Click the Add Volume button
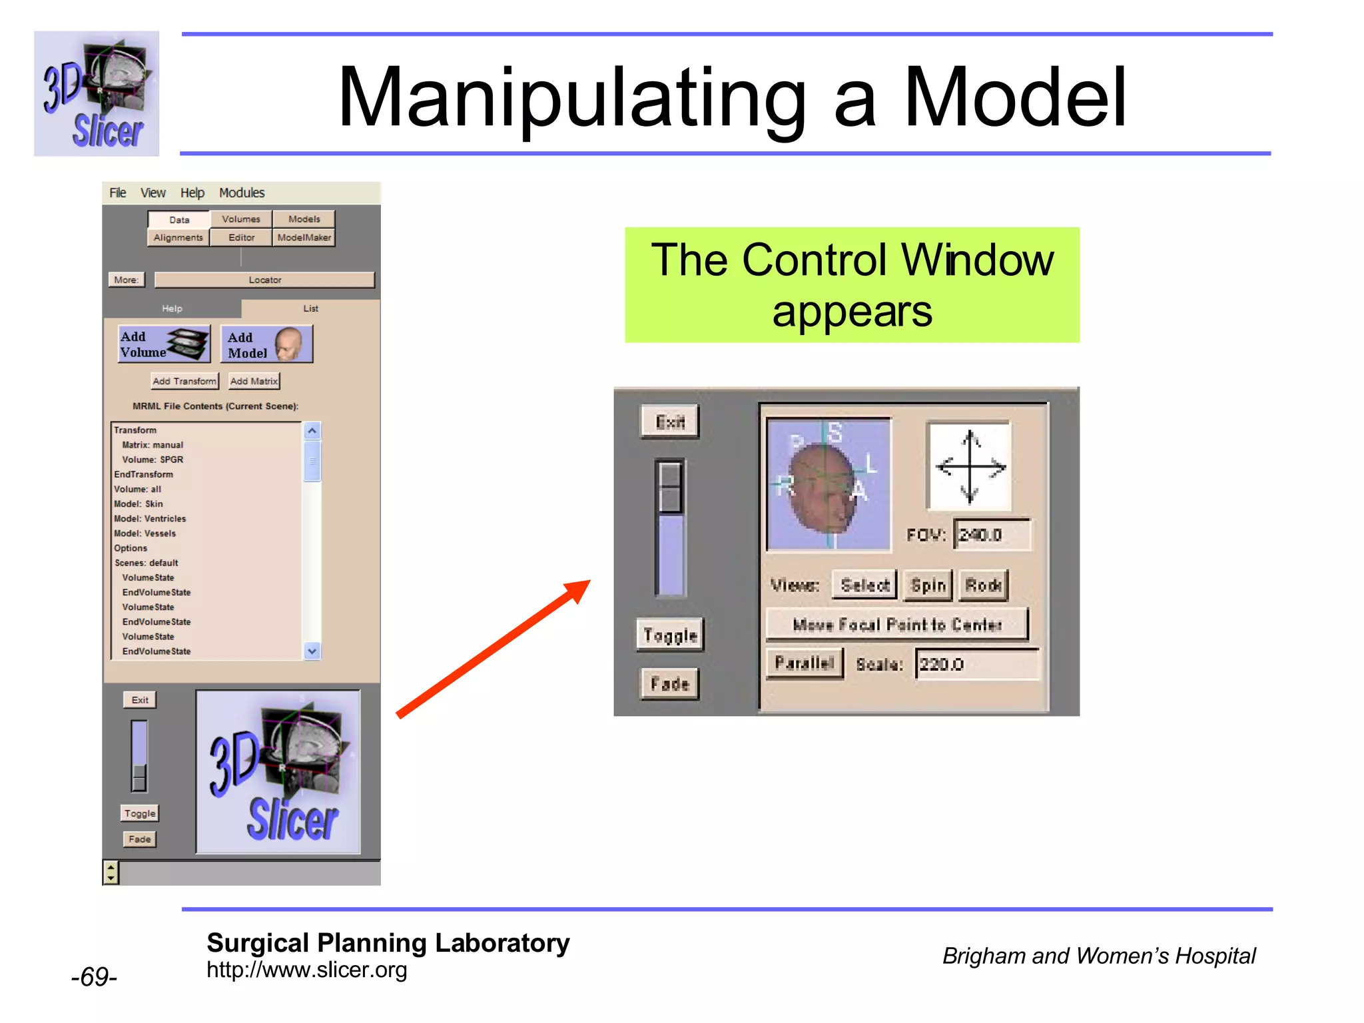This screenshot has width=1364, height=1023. click(164, 344)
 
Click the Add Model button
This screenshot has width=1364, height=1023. click(266, 344)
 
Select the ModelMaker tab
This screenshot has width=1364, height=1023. click(304, 238)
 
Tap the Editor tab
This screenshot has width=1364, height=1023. click(241, 238)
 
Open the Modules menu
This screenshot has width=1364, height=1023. click(242, 193)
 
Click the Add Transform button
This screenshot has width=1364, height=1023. click(184, 381)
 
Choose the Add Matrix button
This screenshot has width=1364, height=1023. click(254, 381)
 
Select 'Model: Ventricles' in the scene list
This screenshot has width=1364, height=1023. click(150, 519)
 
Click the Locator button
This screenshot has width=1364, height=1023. click(264, 280)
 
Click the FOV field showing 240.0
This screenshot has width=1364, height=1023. click(992, 535)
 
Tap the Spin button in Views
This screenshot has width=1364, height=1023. click(928, 585)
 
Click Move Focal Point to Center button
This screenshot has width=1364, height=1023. click(896, 625)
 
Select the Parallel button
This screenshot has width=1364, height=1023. click(804, 663)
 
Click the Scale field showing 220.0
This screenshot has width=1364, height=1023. click(976, 665)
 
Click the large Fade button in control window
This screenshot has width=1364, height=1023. click(669, 684)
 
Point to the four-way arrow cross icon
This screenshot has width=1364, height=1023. click(970, 466)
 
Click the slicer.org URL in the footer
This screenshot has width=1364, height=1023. click(306, 970)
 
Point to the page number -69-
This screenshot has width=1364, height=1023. click(94, 977)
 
